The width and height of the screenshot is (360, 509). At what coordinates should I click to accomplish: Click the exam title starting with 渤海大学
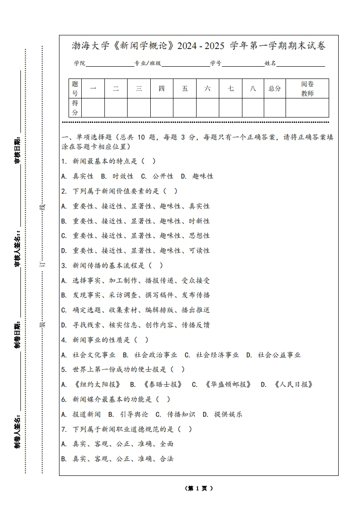pyautogui.click(x=198, y=46)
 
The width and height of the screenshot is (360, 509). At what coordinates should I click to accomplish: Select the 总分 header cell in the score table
pyautogui.click(x=275, y=88)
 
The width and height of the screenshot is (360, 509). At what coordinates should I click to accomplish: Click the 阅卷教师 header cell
pyautogui.click(x=307, y=88)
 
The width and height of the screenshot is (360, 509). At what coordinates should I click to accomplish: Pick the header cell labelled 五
pyautogui.click(x=185, y=88)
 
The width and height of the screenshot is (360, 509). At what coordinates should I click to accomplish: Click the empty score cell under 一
pyautogui.click(x=93, y=108)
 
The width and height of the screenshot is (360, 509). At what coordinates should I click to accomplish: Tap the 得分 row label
pyautogui.click(x=75, y=108)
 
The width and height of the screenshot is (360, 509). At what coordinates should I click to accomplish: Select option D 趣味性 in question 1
pyautogui.click(x=197, y=176)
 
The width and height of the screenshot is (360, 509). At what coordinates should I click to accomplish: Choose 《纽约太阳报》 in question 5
pyautogui.click(x=97, y=384)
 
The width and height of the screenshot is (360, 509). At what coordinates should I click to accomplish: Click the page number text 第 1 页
pyautogui.click(x=199, y=488)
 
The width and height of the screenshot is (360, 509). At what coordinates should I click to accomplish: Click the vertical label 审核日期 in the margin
pyautogui.click(x=17, y=150)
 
